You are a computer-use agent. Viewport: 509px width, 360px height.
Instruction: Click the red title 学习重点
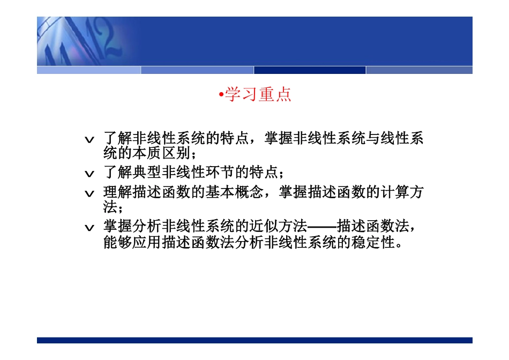tap(258, 95)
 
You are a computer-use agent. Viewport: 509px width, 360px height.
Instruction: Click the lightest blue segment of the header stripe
tap(88, 70)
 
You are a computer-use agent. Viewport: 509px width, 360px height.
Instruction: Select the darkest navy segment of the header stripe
tap(310, 70)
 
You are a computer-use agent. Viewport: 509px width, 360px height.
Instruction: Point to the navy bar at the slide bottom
tap(254, 340)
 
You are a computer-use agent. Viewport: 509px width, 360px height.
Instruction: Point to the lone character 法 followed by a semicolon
tap(110, 207)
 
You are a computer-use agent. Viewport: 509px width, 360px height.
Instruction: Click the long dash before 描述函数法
tap(322, 227)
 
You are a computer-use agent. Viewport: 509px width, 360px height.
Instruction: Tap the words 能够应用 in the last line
tap(132, 243)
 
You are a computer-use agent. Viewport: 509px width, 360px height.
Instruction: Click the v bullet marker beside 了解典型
tap(90, 174)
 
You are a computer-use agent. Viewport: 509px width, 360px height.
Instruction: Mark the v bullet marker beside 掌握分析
tap(90, 228)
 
